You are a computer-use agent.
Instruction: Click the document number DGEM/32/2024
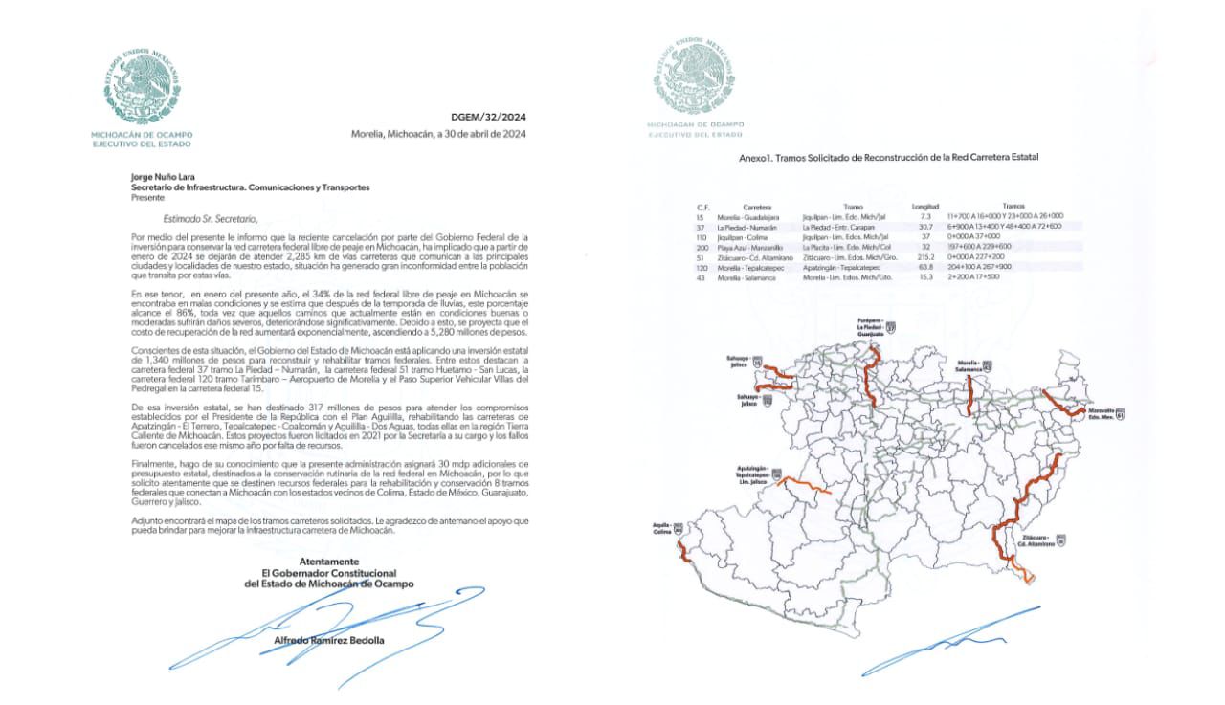[x=488, y=118]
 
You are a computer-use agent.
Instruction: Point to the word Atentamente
[x=329, y=562]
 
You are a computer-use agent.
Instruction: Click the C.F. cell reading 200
[x=702, y=246]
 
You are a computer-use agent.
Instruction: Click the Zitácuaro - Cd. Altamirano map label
[x=1040, y=542]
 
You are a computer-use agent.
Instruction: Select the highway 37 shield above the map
[x=891, y=327]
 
